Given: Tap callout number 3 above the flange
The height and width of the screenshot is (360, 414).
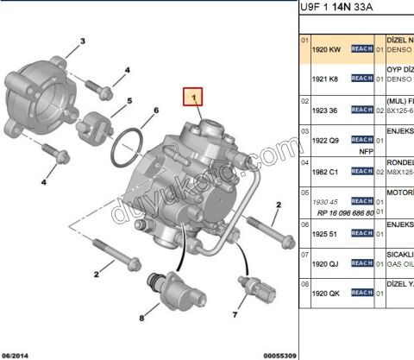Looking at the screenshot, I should point(82,41).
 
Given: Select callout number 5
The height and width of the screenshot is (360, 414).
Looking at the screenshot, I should point(129,100).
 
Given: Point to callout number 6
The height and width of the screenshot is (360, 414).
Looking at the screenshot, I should point(155,111).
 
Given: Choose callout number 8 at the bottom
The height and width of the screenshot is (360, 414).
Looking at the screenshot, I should point(142,319).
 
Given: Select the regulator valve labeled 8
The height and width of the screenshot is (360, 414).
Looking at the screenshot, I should point(160,284).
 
